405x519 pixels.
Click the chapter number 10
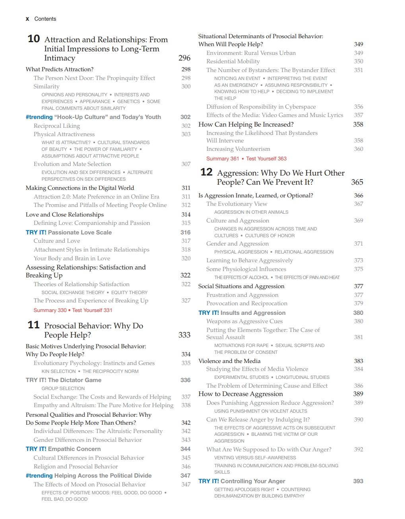click(x=34, y=39)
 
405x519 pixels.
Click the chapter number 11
click(x=34, y=325)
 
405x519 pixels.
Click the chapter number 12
click(x=206, y=172)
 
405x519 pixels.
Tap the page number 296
click(x=184, y=58)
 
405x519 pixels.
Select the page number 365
click(x=357, y=182)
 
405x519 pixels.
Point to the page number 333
click(x=184, y=335)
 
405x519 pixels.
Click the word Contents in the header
click(x=45, y=19)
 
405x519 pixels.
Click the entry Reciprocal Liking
click(x=57, y=126)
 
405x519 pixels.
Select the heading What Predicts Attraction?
click(x=60, y=69)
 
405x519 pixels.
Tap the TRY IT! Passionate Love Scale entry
click(x=69, y=232)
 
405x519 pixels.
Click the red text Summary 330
click(x=50, y=310)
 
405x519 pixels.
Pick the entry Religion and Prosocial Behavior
click(x=76, y=466)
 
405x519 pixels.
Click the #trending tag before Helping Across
click(x=39, y=476)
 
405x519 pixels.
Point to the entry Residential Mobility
click(x=233, y=61)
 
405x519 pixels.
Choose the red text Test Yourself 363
click(x=266, y=158)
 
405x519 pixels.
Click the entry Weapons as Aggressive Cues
click(x=244, y=321)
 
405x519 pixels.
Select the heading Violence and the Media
click(x=229, y=361)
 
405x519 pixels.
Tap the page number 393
click(x=358, y=481)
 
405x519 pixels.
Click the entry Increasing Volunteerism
click(x=238, y=149)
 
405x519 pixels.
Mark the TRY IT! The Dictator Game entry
click(x=64, y=380)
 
